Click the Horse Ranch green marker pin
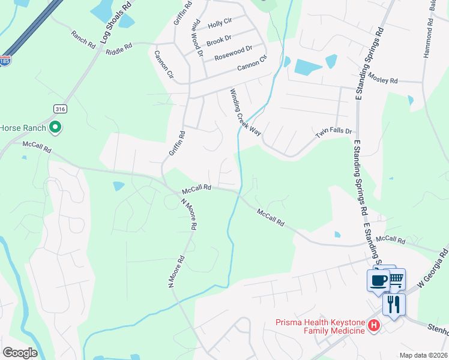click(55, 127)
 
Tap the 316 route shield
click(60, 109)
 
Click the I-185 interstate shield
click(5, 61)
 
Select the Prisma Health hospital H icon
click(374, 326)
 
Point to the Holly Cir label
click(219, 23)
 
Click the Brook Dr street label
click(218, 40)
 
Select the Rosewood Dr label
click(234, 53)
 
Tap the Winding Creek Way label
click(246, 112)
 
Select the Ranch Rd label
click(83, 40)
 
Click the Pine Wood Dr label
click(196, 37)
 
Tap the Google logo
click(20, 352)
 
